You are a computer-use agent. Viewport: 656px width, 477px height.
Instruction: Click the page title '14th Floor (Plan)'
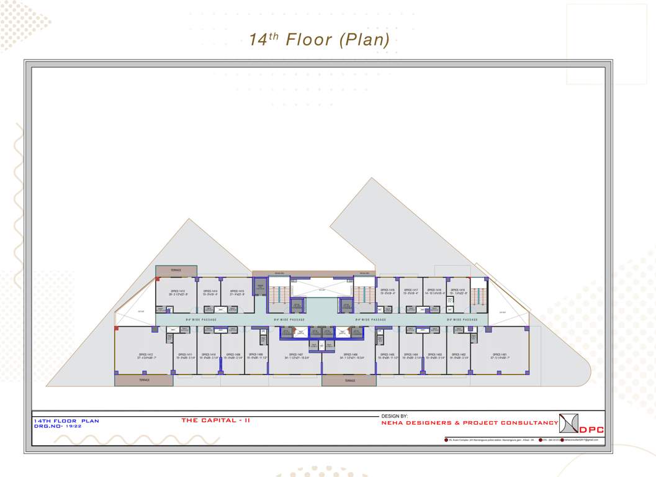click(319, 40)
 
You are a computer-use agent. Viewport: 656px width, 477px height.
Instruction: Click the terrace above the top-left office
click(176, 270)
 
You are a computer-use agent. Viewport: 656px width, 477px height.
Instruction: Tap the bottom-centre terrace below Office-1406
click(349, 381)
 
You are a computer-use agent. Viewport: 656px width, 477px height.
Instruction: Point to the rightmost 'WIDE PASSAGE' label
click(462, 319)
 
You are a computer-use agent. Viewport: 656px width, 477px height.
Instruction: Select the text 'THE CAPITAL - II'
click(215, 420)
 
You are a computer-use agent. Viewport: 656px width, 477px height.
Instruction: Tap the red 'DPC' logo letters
click(591, 430)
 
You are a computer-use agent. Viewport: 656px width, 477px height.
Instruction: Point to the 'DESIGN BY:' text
click(394, 416)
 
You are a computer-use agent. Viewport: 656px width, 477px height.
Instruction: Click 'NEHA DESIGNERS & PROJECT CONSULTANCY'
click(469, 423)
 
